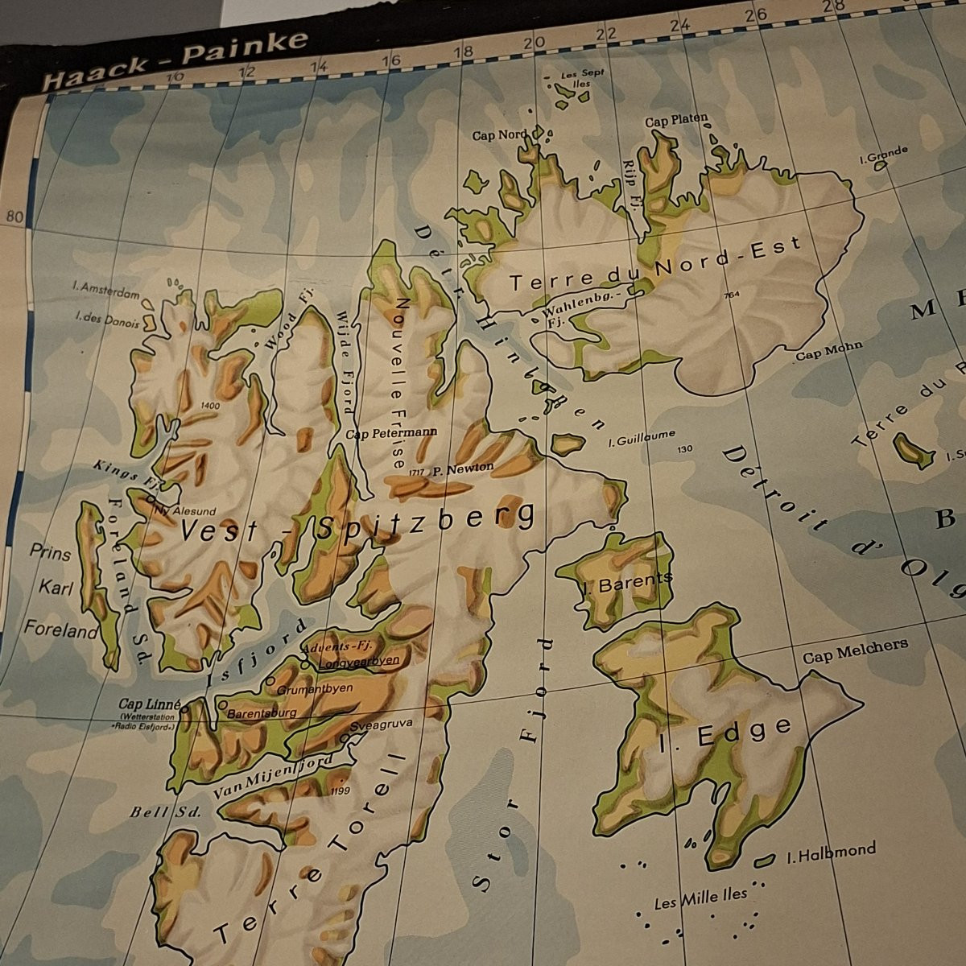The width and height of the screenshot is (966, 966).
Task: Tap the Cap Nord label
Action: coord(499,135)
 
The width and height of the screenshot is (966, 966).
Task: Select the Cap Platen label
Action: coord(676,121)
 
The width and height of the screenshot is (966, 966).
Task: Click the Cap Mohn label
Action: coord(828,350)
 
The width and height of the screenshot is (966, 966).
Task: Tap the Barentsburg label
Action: coord(262,712)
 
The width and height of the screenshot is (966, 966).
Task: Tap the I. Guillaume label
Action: coord(642,438)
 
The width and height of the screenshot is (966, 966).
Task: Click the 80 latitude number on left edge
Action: coord(14,215)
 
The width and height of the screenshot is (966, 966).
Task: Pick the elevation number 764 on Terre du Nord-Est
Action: coord(731,294)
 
